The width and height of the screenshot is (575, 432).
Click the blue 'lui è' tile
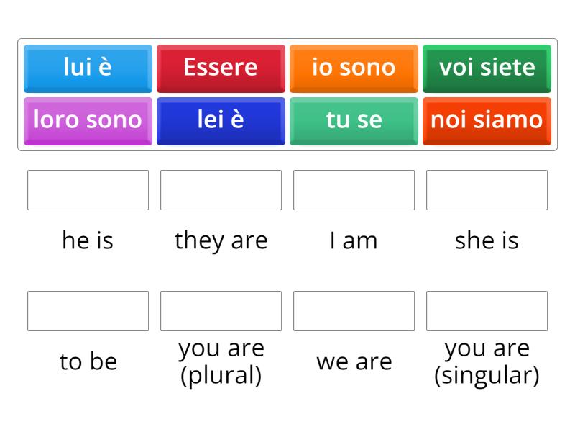(x=88, y=68)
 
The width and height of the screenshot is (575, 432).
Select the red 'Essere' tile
(x=221, y=68)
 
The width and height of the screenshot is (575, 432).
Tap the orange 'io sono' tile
(x=354, y=68)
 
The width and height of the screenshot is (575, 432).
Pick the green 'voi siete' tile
(x=487, y=68)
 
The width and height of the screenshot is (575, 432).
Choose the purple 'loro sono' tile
(x=88, y=120)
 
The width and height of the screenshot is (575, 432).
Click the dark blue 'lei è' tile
(x=221, y=120)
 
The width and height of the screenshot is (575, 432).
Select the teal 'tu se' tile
(x=354, y=120)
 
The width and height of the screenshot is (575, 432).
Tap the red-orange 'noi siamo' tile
(x=487, y=120)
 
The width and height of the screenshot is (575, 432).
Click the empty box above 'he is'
(x=88, y=190)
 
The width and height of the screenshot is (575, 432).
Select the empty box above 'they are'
(x=221, y=190)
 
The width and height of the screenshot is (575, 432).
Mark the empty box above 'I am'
(x=354, y=190)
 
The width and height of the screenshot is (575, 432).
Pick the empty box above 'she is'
(x=487, y=190)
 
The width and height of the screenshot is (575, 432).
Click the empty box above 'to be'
(x=88, y=311)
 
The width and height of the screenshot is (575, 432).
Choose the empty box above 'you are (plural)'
(x=221, y=311)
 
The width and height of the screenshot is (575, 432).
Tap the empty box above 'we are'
(x=354, y=311)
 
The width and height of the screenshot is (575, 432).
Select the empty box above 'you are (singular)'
(x=487, y=311)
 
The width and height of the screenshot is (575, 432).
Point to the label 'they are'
(x=221, y=240)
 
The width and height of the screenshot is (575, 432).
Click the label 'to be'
(x=88, y=361)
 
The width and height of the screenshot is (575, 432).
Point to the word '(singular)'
(x=487, y=376)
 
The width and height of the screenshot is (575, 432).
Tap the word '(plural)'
(x=221, y=376)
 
